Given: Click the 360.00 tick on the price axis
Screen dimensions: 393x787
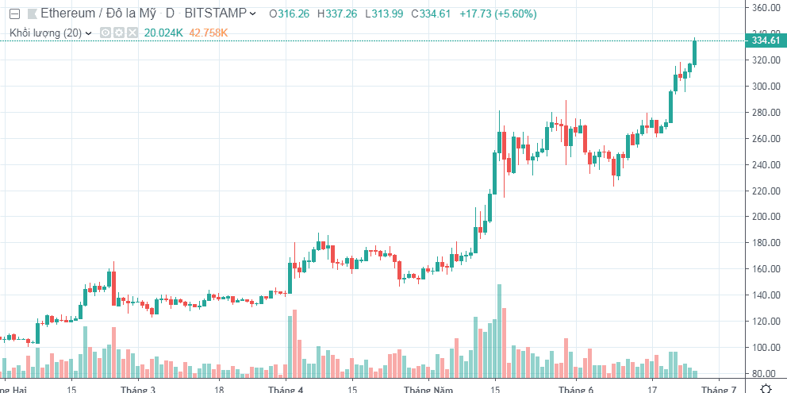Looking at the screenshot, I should (x=767, y=8).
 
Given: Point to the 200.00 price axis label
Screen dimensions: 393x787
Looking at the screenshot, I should (x=767, y=217).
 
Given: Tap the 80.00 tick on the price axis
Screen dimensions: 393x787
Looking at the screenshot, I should (x=765, y=373).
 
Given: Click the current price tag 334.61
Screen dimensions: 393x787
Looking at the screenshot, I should (x=766, y=40).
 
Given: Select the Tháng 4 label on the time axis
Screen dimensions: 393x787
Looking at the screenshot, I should (x=286, y=389).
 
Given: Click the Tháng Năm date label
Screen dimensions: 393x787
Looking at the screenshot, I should (x=428, y=389).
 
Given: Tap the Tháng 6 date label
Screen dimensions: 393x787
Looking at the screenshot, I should (x=575, y=389).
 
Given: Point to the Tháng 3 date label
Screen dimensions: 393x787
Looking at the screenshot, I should (x=138, y=389).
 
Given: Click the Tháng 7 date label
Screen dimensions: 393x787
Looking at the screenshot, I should (x=718, y=389).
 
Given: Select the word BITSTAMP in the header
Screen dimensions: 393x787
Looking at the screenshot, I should (x=216, y=13).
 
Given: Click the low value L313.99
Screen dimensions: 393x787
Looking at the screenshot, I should (x=386, y=13).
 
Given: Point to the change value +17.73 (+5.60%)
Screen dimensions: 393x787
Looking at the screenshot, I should (x=498, y=13).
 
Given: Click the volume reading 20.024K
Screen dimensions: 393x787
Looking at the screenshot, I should (x=163, y=33).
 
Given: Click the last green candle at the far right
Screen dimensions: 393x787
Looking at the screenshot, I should (x=694, y=52).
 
